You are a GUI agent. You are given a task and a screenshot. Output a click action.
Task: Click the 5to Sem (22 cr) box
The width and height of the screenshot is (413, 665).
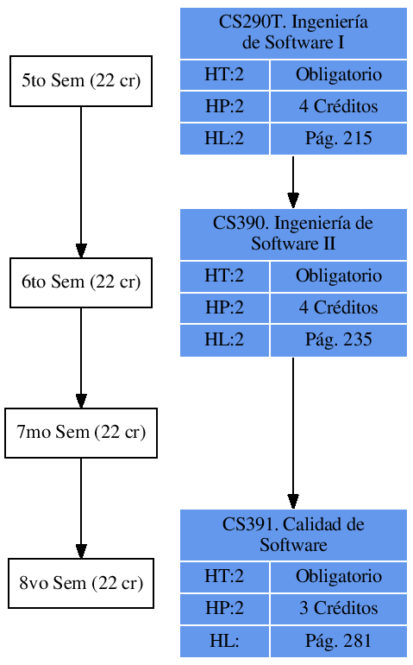(x=81, y=81)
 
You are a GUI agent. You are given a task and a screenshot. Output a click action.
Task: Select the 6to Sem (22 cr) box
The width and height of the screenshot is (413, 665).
(x=81, y=282)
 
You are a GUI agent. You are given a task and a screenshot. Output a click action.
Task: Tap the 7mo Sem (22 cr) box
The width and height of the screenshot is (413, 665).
(x=81, y=433)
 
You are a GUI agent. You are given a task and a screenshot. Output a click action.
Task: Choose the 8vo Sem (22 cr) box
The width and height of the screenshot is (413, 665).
(x=81, y=583)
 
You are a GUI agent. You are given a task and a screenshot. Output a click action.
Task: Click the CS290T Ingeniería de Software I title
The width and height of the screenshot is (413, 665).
(x=293, y=33)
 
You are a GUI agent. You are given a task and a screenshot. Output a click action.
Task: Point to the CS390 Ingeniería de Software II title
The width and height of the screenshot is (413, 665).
(x=293, y=234)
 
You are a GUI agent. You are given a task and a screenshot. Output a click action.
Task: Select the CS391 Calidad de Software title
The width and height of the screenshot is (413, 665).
(x=293, y=535)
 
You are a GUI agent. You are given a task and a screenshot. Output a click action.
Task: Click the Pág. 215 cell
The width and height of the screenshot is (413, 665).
(x=338, y=139)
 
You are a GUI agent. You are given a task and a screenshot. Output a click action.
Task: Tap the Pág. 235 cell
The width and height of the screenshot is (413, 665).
(x=338, y=340)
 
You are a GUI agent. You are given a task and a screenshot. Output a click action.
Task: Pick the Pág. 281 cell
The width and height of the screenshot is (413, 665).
(x=338, y=641)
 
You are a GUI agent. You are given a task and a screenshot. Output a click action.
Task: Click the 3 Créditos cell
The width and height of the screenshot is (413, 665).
(x=338, y=608)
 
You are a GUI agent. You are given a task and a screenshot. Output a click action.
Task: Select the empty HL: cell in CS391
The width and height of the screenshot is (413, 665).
(x=224, y=641)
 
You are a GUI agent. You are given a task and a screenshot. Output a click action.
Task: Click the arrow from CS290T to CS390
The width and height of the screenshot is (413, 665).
(x=293, y=181)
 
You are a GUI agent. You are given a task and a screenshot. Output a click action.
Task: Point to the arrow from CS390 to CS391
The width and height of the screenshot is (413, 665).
(x=293, y=432)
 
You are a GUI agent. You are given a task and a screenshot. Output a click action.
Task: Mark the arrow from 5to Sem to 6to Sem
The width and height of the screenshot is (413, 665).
(x=81, y=181)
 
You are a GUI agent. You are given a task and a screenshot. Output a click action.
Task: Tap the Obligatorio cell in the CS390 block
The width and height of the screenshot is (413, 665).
(x=338, y=276)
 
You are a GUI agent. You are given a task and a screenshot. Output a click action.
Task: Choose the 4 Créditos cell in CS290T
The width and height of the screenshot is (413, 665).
(x=338, y=107)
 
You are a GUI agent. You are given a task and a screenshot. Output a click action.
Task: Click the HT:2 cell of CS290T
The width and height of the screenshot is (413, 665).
(x=224, y=75)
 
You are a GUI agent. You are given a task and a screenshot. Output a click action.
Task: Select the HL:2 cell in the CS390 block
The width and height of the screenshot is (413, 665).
(x=224, y=340)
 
